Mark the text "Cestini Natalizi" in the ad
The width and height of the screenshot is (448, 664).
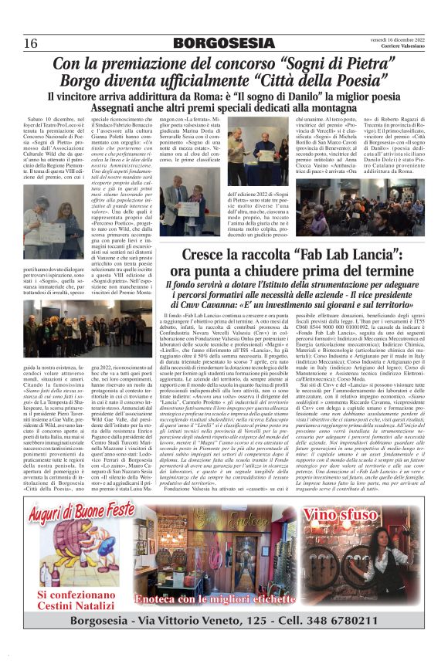[x=77, y=605]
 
